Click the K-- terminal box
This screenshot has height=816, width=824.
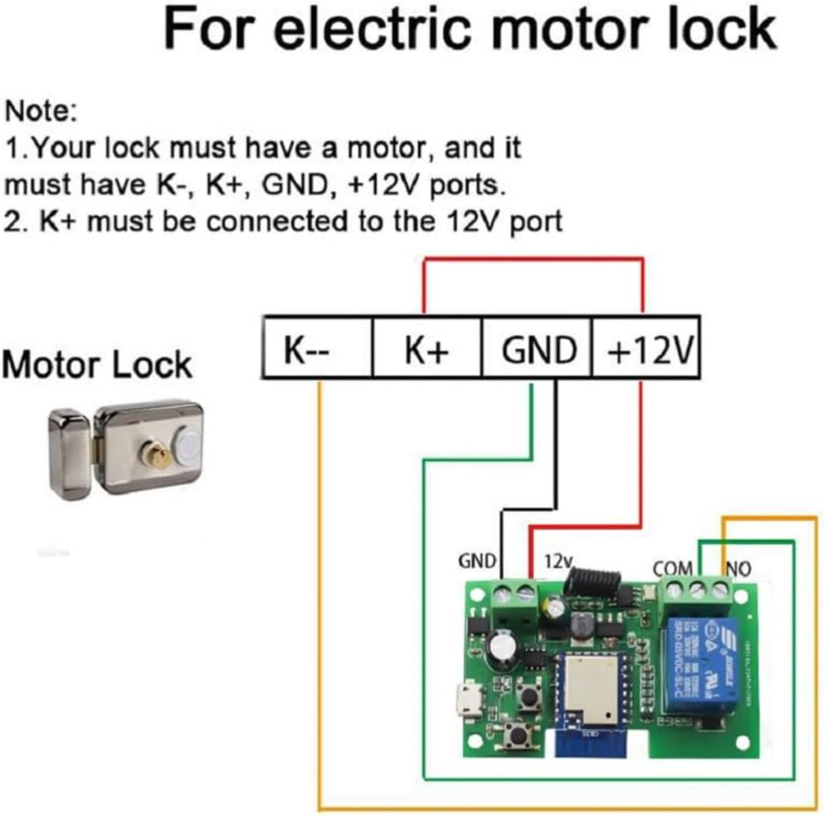(x=317, y=347)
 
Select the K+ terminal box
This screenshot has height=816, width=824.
(x=426, y=347)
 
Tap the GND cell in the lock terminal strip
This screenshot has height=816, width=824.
(x=537, y=347)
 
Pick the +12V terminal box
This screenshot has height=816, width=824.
(x=646, y=347)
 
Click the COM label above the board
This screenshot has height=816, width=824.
(x=672, y=568)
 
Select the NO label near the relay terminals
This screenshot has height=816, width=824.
(x=739, y=568)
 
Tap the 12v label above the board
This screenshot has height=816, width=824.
(x=558, y=562)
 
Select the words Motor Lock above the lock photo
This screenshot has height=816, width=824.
(x=97, y=365)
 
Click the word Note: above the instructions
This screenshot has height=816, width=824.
(x=41, y=111)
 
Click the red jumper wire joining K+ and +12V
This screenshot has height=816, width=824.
(x=533, y=259)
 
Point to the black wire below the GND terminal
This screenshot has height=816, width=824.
(x=555, y=442)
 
